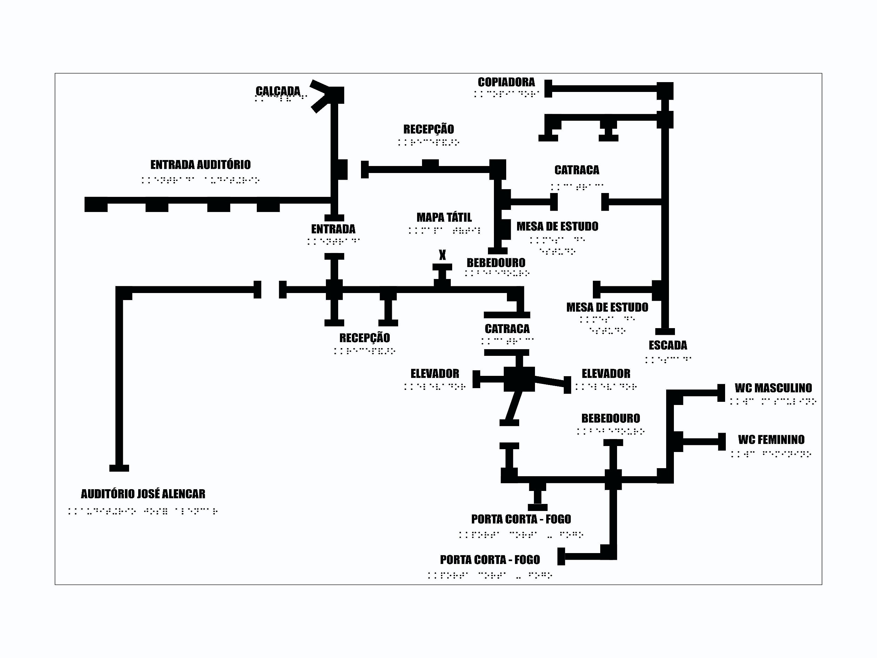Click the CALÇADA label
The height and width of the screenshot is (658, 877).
click(x=278, y=91)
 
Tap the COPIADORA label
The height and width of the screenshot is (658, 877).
click(x=506, y=82)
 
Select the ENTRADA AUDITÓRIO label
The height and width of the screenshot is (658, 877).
click(x=200, y=165)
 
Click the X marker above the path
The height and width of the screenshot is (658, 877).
click(x=442, y=255)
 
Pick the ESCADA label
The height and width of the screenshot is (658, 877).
click(x=668, y=345)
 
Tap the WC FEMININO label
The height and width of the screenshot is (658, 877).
click(x=771, y=439)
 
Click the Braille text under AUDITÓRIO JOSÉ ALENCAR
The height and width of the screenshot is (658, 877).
click(x=143, y=511)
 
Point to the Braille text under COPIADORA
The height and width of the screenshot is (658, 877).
click(x=506, y=94)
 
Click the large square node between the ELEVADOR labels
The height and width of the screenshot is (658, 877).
click(x=519, y=379)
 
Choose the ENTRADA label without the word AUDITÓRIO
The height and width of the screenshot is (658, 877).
click(x=333, y=229)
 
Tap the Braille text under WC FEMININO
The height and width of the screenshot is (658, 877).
click(x=771, y=454)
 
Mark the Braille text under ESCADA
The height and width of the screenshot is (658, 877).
click(x=668, y=360)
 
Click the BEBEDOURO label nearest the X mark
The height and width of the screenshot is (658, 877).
click(x=496, y=262)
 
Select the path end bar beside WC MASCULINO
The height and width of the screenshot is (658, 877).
click(x=721, y=393)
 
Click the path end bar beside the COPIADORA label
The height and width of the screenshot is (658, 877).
click(x=548, y=88)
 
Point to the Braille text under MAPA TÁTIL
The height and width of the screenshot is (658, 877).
click(x=444, y=230)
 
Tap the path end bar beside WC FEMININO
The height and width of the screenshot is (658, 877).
click(x=722, y=441)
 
